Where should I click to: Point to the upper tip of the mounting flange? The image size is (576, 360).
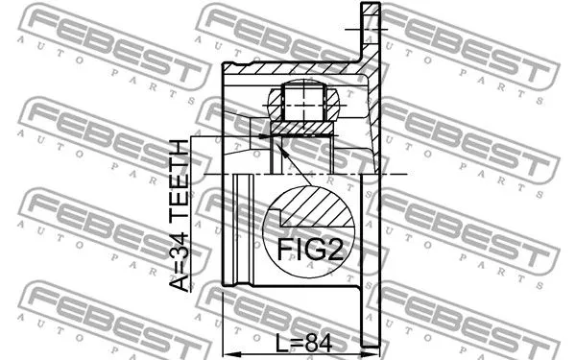click(370, 10)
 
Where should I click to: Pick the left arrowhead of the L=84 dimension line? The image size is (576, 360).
click(227, 349)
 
